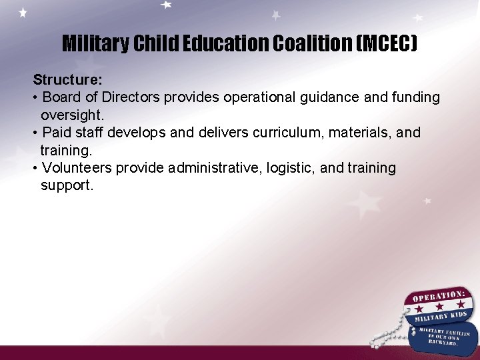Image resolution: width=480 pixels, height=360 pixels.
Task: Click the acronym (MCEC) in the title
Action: click(387, 44)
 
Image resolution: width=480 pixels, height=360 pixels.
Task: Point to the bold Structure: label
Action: click(68, 80)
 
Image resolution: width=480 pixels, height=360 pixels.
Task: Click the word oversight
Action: click(72, 115)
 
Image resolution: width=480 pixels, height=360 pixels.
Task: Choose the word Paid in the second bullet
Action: click(57, 133)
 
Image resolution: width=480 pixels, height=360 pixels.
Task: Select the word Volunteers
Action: click(77, 168)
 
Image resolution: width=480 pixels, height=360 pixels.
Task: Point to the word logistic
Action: click(290, 168)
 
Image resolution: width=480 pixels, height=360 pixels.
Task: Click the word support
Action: click(67, 185)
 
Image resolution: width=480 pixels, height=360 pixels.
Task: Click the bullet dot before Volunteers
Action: click(35, 168)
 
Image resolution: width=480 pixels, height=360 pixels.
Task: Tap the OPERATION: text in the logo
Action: click(438, 296)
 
